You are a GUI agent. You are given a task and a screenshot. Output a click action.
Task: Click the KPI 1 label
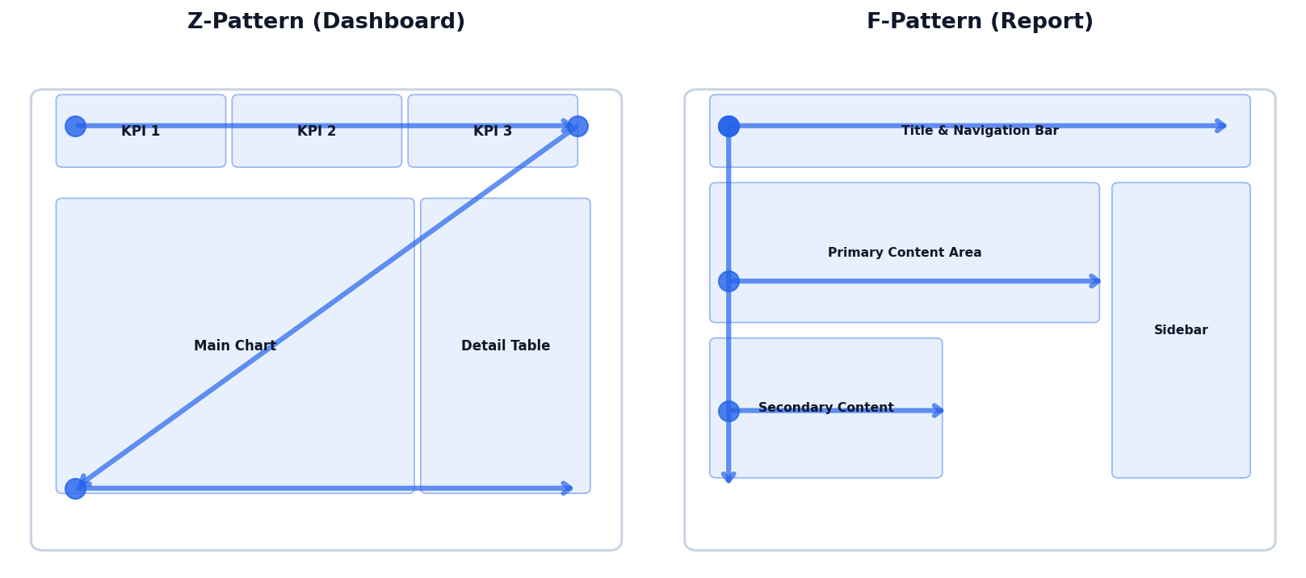pyautogui.click(x=141, y=132)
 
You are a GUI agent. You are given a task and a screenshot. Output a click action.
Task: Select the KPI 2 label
pyautogui.click(x=317, y=132)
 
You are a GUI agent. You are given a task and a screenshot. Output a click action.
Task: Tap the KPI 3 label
pyautogui.click(x=493, y=132)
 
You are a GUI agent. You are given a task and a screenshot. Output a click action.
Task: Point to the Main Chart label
pyautogui.click(x=235, y=346)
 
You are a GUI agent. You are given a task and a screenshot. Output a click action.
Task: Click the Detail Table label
pyautogui.click(x=506, y=346)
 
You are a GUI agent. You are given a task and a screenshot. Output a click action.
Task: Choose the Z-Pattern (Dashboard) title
pyautogui.click(x=326, y=22)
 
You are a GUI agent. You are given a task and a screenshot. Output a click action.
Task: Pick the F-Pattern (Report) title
pyautogui.click(x=980, y=22)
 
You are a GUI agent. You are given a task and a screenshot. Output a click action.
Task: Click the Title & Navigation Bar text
pyautogui.click(x=980, y=131)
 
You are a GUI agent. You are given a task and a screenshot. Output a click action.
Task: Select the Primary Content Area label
pyautogui.click(x=905, y=253)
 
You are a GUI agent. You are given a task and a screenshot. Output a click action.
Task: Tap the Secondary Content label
pyautogui.click(x=825, y=408)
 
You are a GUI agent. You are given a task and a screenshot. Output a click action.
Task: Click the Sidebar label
pyautogui.click(x=1181, y=330)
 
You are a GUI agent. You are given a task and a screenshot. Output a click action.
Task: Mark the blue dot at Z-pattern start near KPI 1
pyautogui.click(x=75, y=126)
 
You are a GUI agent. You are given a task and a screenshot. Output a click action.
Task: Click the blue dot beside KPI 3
pyautogui.click(x=577, y=126)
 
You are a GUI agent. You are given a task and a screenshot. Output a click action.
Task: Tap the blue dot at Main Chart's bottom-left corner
pyautogui.click(x=75, y=488)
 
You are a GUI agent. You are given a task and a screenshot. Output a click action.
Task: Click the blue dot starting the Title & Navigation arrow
pyautogui.click(x=729, y=126)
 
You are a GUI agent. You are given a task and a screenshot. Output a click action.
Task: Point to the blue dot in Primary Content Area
pyautogui.click(x=729, y=281)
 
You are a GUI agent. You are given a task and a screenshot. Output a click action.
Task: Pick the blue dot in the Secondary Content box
pyautogui.click(x=729, y=411)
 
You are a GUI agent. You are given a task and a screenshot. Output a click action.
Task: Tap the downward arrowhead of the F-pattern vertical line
pyautogui.click(x=729, y=478)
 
